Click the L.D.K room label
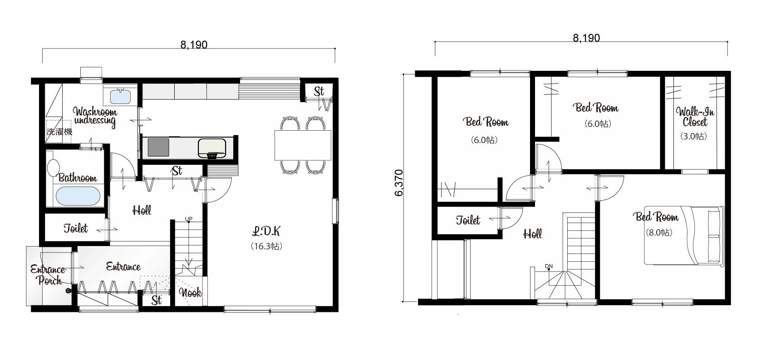pyautogui.click(x=266, y=232)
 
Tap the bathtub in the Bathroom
pyautogui.click(x=78, y=196)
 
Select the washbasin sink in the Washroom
pyautogui.click(x=120, y=96)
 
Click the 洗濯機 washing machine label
pyautogui.click(x=59, y=132)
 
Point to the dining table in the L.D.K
pyautogui.click(x=303, y=145)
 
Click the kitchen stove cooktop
pyautogui.click(x=158, y=148)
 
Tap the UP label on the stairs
pyautogui.click(x=189, y=219)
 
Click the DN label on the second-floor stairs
pyautogui.click(x=549, y=266)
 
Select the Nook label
pyautogui.click(x=190, y=293)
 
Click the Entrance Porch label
pyautogui.click(x=48, y=275)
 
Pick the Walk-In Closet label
pyautogui.click(x=695, y=117)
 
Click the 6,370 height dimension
pyautogui.click(x=399, y=183)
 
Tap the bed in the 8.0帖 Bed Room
pyautogui.click(x=684, y=235)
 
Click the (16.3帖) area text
pyautogui.click(x=266, y=246)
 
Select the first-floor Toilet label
pyautogui.click(x=76, y=228)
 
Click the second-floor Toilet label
pyautogui.click(x=468, y=220)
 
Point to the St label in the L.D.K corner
pyautogui.click(x=319, y=91)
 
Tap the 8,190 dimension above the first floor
pyautogui.click(x=194, y=45)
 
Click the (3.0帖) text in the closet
pyautogui.click(x=693, y=136)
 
